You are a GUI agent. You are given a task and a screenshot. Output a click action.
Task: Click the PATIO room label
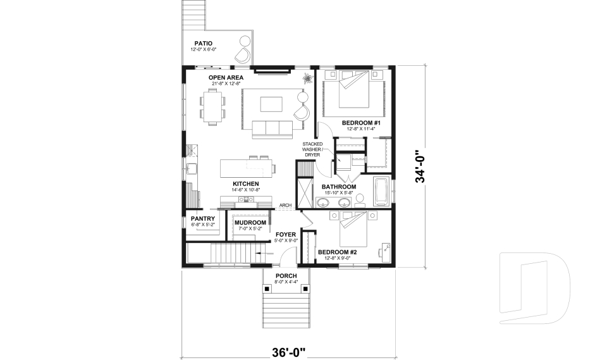pos(203,44)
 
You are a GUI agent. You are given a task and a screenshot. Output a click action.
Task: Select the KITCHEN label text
pos(245,183)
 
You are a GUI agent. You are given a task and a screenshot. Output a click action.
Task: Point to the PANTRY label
pos(203,218)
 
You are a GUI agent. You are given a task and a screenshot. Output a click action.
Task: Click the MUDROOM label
pos(250,223)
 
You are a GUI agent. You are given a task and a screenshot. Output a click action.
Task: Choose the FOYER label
pos(286,234)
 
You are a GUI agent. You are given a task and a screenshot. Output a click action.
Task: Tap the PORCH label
pos(286,276)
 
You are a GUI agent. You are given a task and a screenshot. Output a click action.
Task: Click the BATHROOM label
pos(338,187)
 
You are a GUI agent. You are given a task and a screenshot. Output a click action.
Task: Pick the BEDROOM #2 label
pos(338,252)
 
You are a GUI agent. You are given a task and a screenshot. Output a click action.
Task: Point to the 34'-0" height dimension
pos(419,166)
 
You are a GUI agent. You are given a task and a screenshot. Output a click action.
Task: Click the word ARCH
pos(285,205)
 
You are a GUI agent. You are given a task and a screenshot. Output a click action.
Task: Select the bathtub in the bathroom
pos(382,192)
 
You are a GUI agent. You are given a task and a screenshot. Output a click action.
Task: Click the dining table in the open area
pos(213,106)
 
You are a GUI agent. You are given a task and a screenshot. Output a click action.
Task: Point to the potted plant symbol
pos(307,79)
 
